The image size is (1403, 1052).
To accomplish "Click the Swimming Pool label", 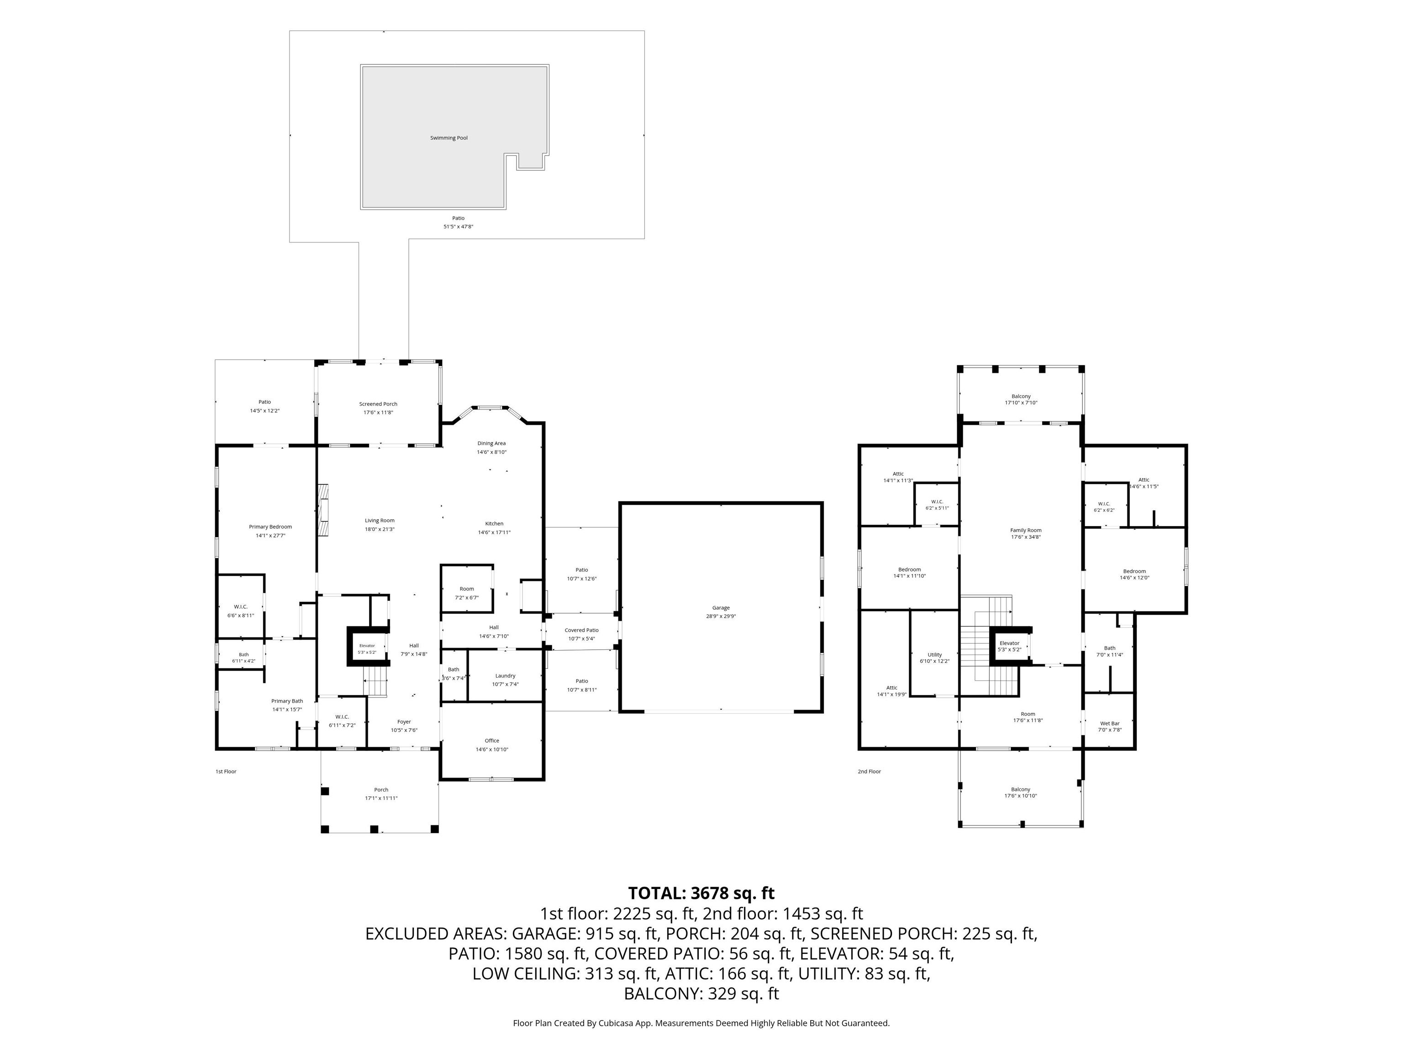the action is [x=448, y=137].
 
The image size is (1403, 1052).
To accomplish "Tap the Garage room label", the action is [x=721, y=607].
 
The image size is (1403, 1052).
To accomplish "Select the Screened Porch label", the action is [x=378, y=404].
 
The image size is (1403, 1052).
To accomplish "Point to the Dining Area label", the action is [x=491, y=443].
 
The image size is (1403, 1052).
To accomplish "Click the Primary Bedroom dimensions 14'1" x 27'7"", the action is [x=270, y=535].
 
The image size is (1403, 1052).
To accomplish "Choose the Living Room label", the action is [x=379, y=521].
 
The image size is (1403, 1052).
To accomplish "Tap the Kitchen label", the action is [x=494, y=524].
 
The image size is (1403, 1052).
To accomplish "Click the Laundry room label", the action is [x=506, y=675].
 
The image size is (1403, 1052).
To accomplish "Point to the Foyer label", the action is [x=404, y=721].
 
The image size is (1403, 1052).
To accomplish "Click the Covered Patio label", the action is [x=582, y=630].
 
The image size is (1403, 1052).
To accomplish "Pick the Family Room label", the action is [x=1026, y=530].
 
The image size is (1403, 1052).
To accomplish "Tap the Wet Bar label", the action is [x=1110, y=724].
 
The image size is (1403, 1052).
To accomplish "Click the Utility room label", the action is [x=935, y=654].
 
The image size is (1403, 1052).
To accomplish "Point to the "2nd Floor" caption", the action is [x=869, y=771].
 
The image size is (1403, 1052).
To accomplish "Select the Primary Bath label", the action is [x=287, y=701].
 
